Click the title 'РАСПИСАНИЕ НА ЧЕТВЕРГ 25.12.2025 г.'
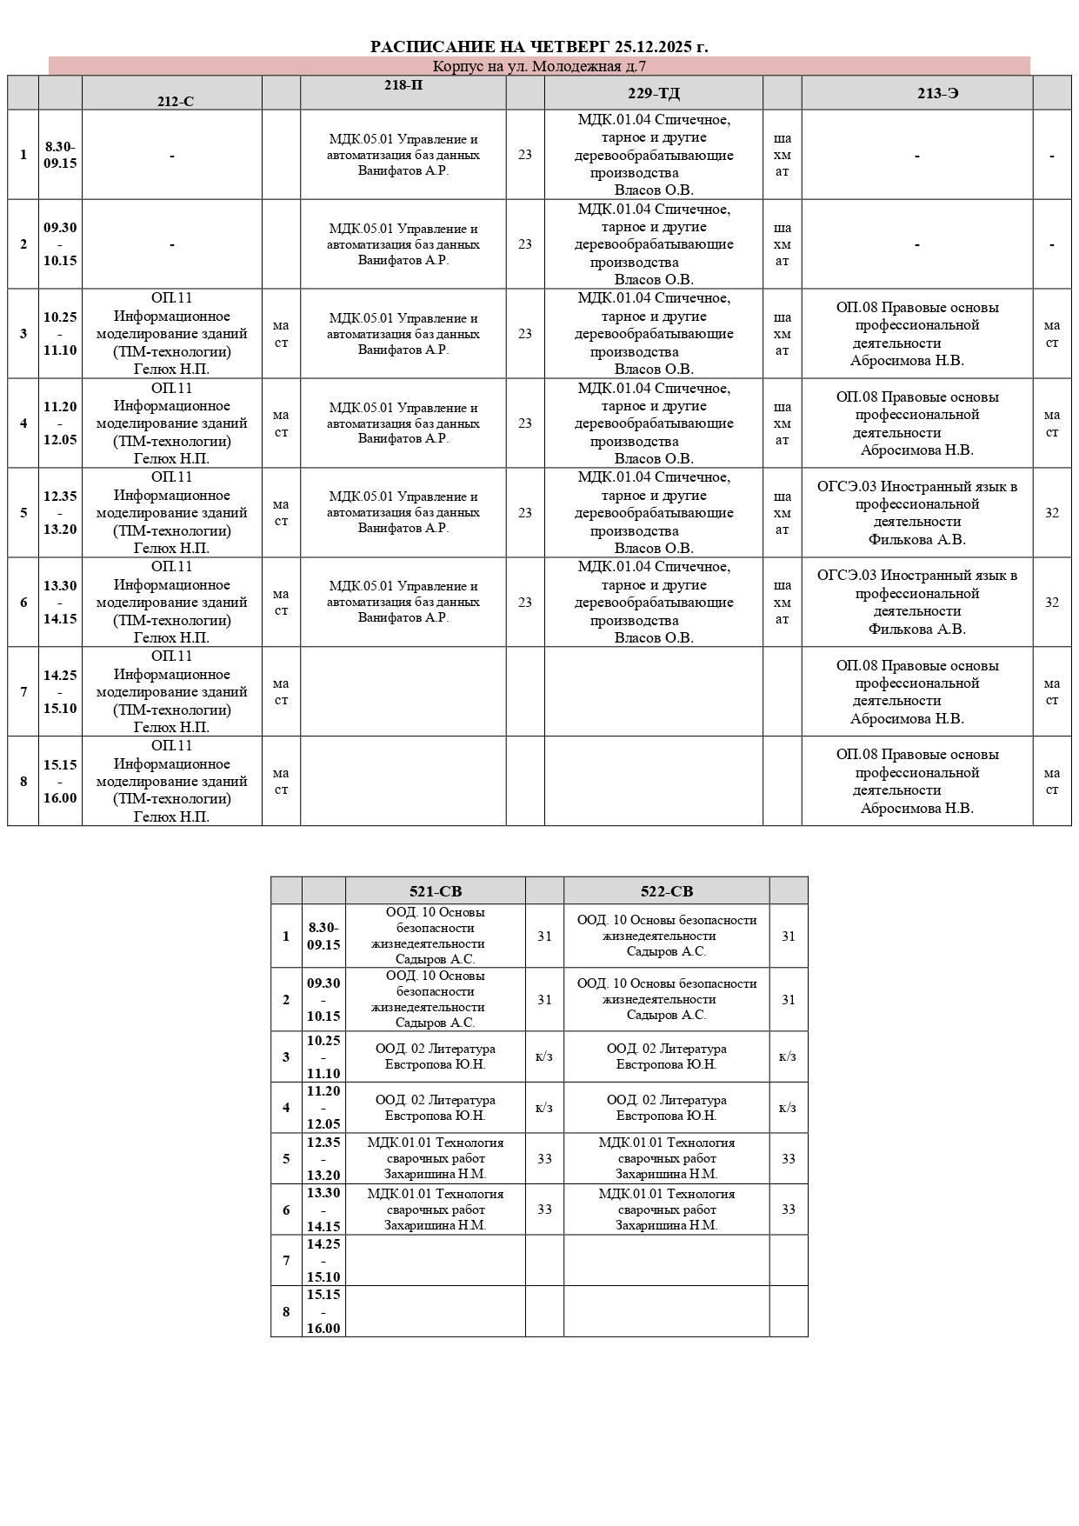point(539,47)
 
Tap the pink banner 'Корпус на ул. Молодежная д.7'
point(539,67)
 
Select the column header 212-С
point(175,101)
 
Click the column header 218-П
point(403,85)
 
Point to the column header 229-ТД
point(653,93)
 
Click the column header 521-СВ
point(436,891)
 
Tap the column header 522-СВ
point(666,891)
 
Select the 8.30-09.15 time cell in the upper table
point(60,155)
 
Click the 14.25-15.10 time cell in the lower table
point(323,1260)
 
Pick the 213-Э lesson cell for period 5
point(916,513)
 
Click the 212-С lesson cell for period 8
point(171,781)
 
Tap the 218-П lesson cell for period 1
point(403,155)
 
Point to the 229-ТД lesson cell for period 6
point(653,602)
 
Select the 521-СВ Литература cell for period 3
point(435,1056)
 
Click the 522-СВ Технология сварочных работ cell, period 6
point(666,1209)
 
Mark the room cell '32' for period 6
point(1051,603)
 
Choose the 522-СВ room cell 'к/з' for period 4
point(788,1108)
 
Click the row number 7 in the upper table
point(23,692)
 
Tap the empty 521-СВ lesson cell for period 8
point(435,1311)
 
